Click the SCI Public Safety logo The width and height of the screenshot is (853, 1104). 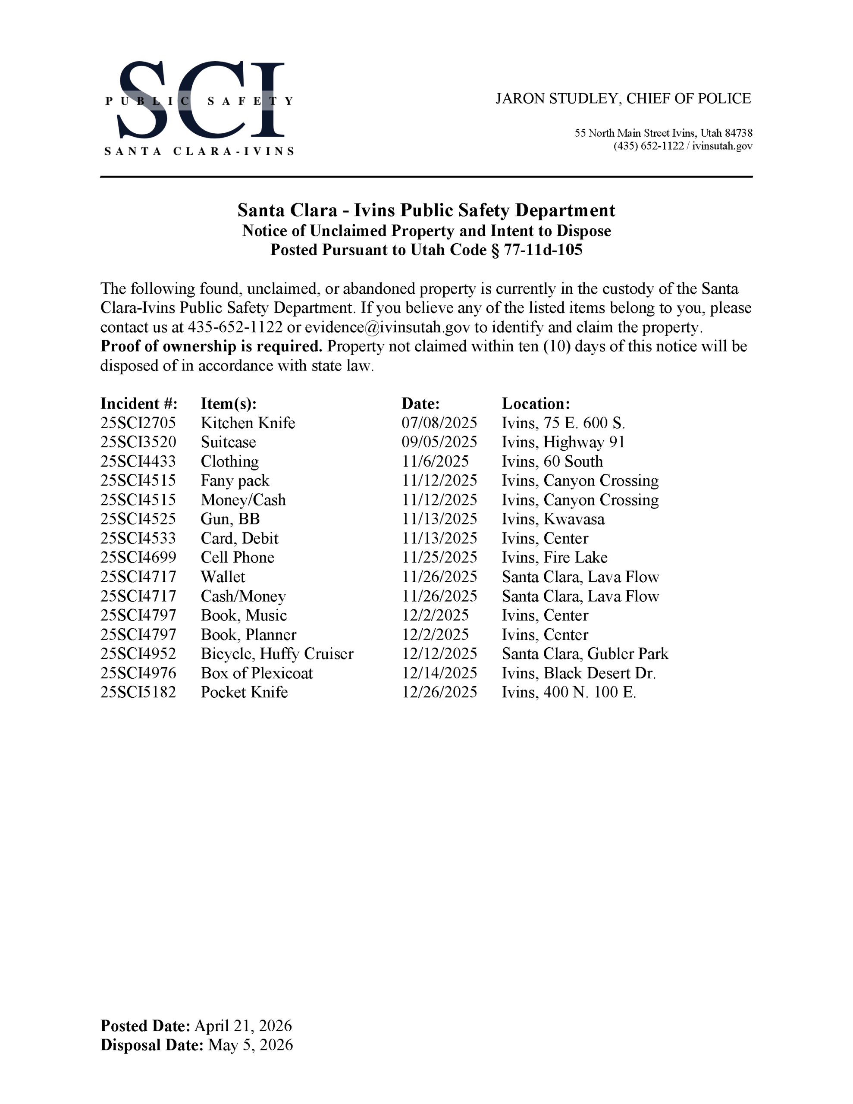pyautogui.click(x=199, y=107)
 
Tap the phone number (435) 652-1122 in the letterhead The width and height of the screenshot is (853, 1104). pyautogui.click(x=648, y=146)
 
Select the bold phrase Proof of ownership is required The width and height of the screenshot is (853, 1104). pyautogui.click(x=211, y=347)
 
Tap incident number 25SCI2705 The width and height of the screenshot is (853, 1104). pyautogui.click(x=138, y=423)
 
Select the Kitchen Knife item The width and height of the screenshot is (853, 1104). pyautogui.click(x=248, y=423)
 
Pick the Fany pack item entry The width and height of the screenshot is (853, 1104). pyautogui.click(x=235, y=481)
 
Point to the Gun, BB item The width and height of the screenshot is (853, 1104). pyautogui.click(x=230, y=519)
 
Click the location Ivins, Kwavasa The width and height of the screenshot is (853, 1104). pyautogui.click(x=553, y=519)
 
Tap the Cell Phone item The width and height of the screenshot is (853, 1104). pyautogui.click(x=237, y=558)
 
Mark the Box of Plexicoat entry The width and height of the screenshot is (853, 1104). pyautogui.click(x=256, y=673)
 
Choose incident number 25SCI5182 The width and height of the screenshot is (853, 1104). pyautogui.click(x=138, y=693)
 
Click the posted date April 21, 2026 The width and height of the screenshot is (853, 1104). pyautogui.click(x=243, y=1026)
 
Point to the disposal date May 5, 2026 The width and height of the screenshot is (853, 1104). pyautogui.click(x=250, y=1045)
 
